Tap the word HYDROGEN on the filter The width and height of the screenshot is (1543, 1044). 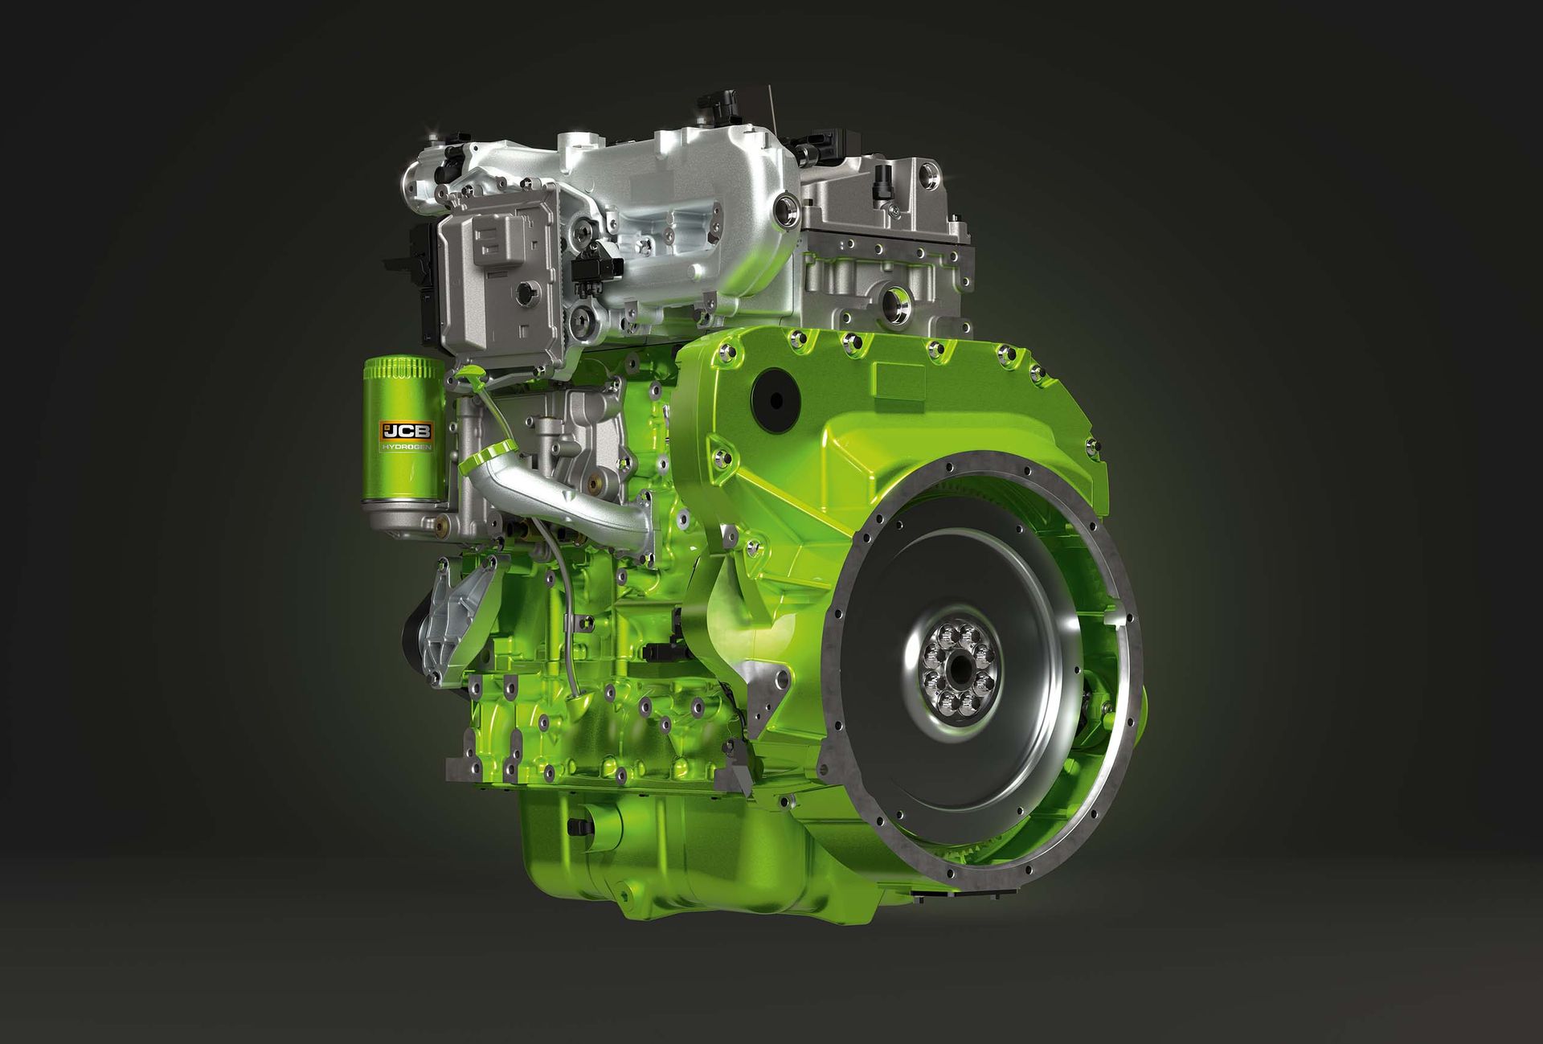pyautogui.click(x=407, y=447)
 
